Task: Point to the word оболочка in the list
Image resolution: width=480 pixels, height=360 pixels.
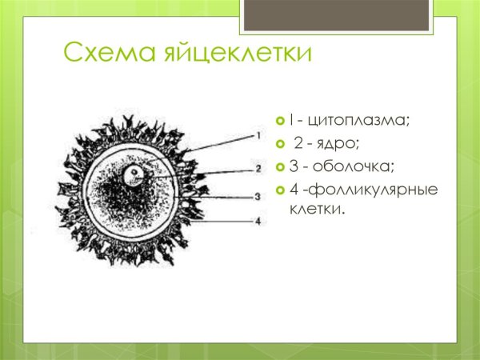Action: click(348, 167)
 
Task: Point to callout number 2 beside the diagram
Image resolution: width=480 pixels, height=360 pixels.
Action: click(258, 169)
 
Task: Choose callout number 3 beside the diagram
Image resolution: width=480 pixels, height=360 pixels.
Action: click(258, 195)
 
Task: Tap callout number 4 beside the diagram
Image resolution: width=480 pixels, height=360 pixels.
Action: click(258, 222)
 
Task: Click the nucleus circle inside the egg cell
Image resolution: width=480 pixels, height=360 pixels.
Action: click(138, 174)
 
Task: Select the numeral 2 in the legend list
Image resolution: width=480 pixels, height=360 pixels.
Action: click(298, 144)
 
